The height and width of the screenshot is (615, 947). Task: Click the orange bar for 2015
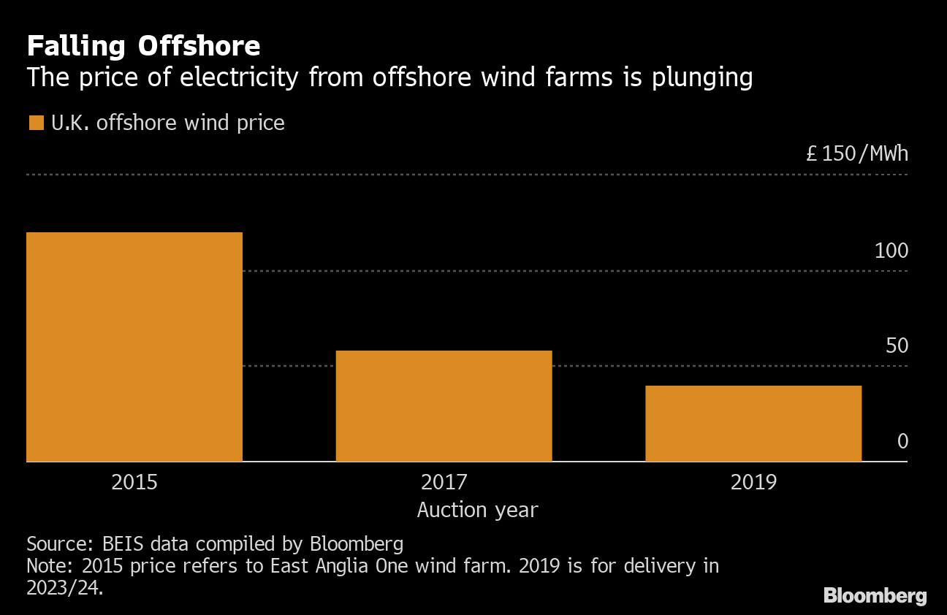pyautogui.click(x=134, y=347)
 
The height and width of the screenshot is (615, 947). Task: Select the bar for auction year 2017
pyautogui.click(x=444, y=406)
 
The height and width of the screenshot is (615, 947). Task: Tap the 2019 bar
pyautogui.click(x=753, y=424)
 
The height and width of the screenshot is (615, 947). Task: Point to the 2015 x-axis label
pyautogui.click(x=134, y=482)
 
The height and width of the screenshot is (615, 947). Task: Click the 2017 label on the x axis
pyautogui.click(x=444, y=482)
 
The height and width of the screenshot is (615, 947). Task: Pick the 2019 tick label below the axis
pyautogui.click(x=753, y=482)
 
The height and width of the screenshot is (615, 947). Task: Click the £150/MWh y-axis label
pyautogui.click(x=857, y=154)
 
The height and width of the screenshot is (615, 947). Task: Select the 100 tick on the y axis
pyautogui.click(x=891, y=251)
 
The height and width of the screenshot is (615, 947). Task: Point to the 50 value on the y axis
pyautogui.click(x=897, y=345)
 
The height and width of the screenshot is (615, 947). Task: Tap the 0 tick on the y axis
pyautogui.click(x=902, y=441)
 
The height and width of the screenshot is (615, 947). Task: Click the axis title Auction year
pyautogui.click(x=477, y=510)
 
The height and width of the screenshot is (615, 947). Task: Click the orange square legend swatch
pyautogui.click(x=36, y=123)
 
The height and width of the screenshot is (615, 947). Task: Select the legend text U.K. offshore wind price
pyautogui.click(x=167, y=123)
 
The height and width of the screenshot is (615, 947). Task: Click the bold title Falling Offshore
pyautogui.click(x=143, y=46)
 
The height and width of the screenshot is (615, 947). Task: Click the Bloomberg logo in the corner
pyautogui.click(x=875, y=595)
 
